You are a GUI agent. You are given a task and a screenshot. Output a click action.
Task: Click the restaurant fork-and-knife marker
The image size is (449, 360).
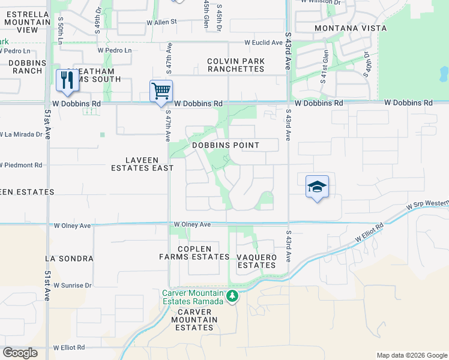point(67,80)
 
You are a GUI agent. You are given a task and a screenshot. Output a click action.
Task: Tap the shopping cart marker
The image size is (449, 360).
point(161,92)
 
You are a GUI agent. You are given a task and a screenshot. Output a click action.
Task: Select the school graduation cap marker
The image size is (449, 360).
point(317,187)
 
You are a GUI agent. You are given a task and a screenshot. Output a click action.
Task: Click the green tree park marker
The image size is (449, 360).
point(232,296)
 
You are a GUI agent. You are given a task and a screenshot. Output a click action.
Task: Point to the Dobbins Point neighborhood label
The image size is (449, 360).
point(226,145)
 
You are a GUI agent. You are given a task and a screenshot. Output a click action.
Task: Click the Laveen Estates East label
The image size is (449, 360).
point(142,164)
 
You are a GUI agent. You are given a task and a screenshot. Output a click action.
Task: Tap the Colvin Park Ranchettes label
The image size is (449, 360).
point(235,65)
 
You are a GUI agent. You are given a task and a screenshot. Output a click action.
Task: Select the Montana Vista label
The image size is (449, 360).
point(351,28)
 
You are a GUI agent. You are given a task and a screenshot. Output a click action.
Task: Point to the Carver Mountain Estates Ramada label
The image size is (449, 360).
point(193,297)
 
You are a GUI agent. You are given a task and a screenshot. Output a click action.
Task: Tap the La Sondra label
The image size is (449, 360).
point(69,259)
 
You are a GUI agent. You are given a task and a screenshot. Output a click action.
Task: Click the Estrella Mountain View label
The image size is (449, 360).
point(27,22)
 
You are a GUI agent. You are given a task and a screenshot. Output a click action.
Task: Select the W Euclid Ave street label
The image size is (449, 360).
point(263,43)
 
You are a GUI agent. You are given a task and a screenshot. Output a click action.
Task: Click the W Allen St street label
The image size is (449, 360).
point(162,22)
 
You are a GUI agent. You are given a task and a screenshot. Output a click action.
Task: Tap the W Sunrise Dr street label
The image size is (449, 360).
point(73,286)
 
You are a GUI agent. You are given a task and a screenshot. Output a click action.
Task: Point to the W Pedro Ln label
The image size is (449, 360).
point(115,50)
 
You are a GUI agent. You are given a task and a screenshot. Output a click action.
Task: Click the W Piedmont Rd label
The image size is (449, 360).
point(21,165)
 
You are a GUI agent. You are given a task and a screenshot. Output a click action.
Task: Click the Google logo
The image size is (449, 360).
point(20,353)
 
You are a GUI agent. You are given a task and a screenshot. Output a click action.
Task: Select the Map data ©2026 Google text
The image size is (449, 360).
point(411,355)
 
